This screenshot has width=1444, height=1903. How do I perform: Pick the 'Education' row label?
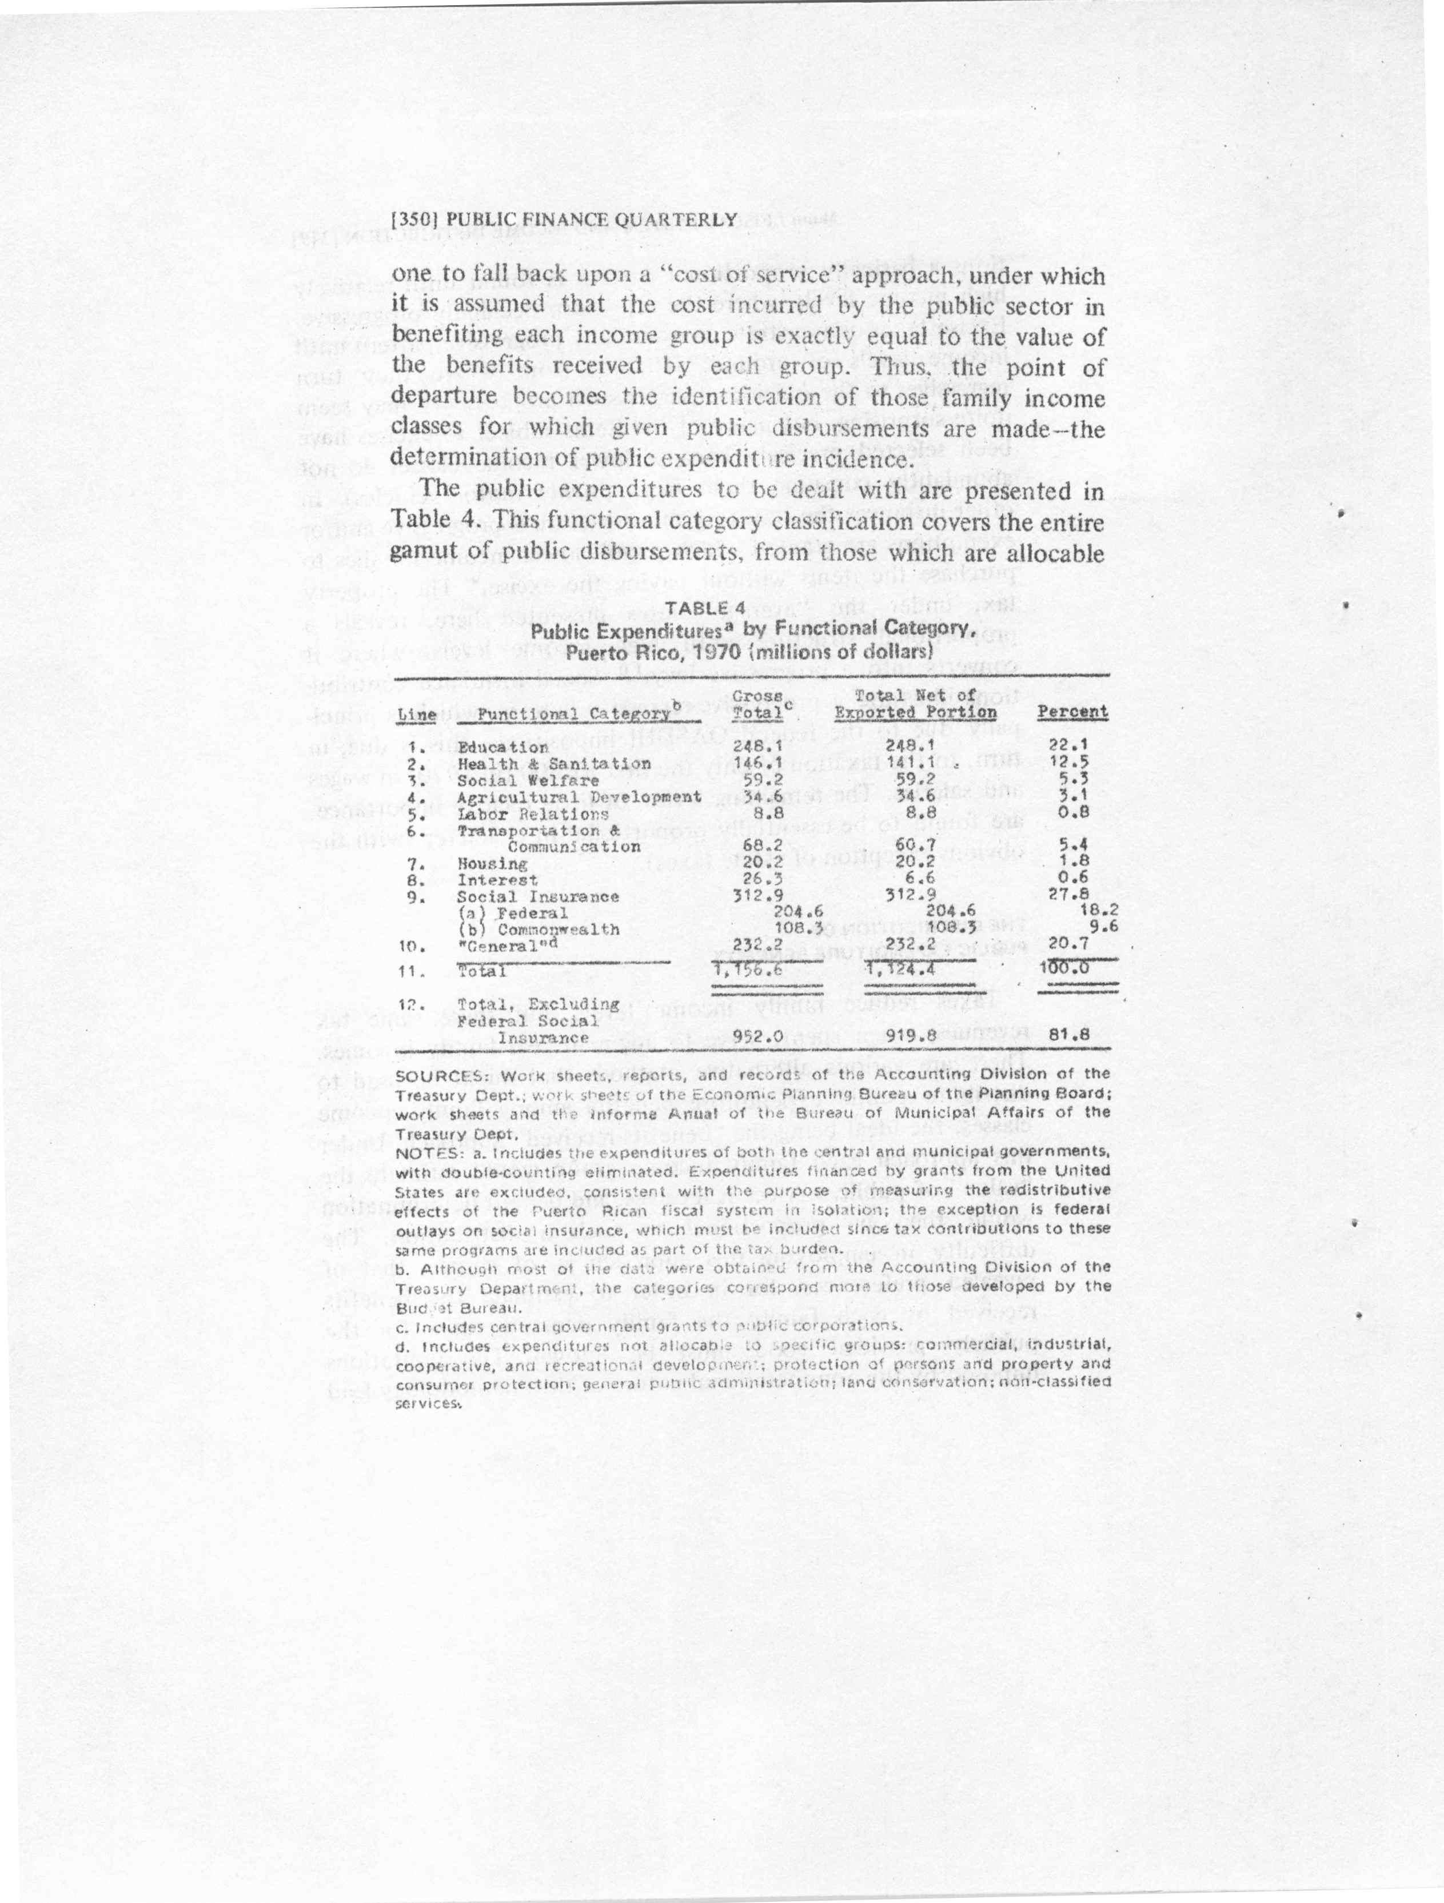pos(502,748)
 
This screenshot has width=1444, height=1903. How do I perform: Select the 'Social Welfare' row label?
pos(528,780)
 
